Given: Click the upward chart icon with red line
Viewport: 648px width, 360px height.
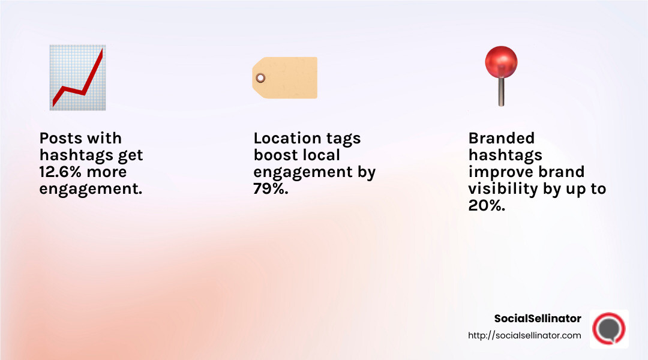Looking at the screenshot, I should tap(77, 77).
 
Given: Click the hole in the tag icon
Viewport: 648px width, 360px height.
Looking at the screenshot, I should tap(260, 77).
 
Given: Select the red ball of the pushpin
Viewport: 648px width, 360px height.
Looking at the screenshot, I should tap(501, 62).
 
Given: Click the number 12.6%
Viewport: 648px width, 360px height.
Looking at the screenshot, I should tap(62, 172).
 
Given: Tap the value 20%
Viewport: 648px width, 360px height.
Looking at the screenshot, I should tap(486, 206).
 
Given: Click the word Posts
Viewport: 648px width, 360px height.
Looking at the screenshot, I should tap(61, 139).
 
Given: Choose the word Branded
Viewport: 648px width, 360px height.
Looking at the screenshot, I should tap(501, 139).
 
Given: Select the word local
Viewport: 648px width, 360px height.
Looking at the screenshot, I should tap(320, 155).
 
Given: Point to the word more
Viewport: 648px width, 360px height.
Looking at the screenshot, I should tap(106, 172).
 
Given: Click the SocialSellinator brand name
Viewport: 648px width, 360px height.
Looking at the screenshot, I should tap(538, 319).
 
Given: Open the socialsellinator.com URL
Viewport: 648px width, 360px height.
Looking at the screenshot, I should tap(524, 335).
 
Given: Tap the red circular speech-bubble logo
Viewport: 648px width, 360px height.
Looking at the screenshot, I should tap(608, 329).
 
